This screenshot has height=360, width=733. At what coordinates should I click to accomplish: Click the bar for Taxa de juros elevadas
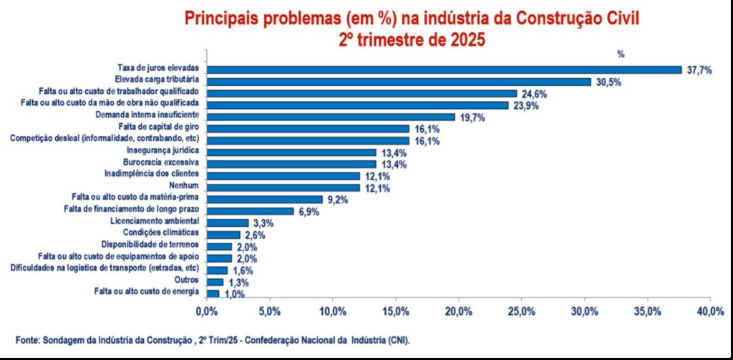444,69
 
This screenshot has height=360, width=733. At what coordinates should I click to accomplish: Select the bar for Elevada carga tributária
398,82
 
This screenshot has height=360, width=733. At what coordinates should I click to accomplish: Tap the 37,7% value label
699,70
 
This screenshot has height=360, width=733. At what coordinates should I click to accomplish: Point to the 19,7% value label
472,117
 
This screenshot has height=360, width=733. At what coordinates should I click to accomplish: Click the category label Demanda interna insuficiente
147,115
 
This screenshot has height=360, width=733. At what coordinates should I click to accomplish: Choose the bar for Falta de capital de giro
308,129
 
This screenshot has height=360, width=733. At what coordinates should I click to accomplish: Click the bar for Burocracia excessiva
291,163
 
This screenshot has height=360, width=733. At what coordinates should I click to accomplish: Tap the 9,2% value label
338,200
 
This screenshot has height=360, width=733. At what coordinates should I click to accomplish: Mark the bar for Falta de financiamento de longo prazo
250,211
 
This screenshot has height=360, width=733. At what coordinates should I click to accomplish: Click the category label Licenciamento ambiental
157,221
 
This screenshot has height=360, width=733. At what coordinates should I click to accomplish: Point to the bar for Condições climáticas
223,235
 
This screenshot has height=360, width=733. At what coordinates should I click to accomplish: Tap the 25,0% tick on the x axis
521,311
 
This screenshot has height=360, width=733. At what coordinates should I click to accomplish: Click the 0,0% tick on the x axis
206,311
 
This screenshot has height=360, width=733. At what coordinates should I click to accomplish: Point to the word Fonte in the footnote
27,339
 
